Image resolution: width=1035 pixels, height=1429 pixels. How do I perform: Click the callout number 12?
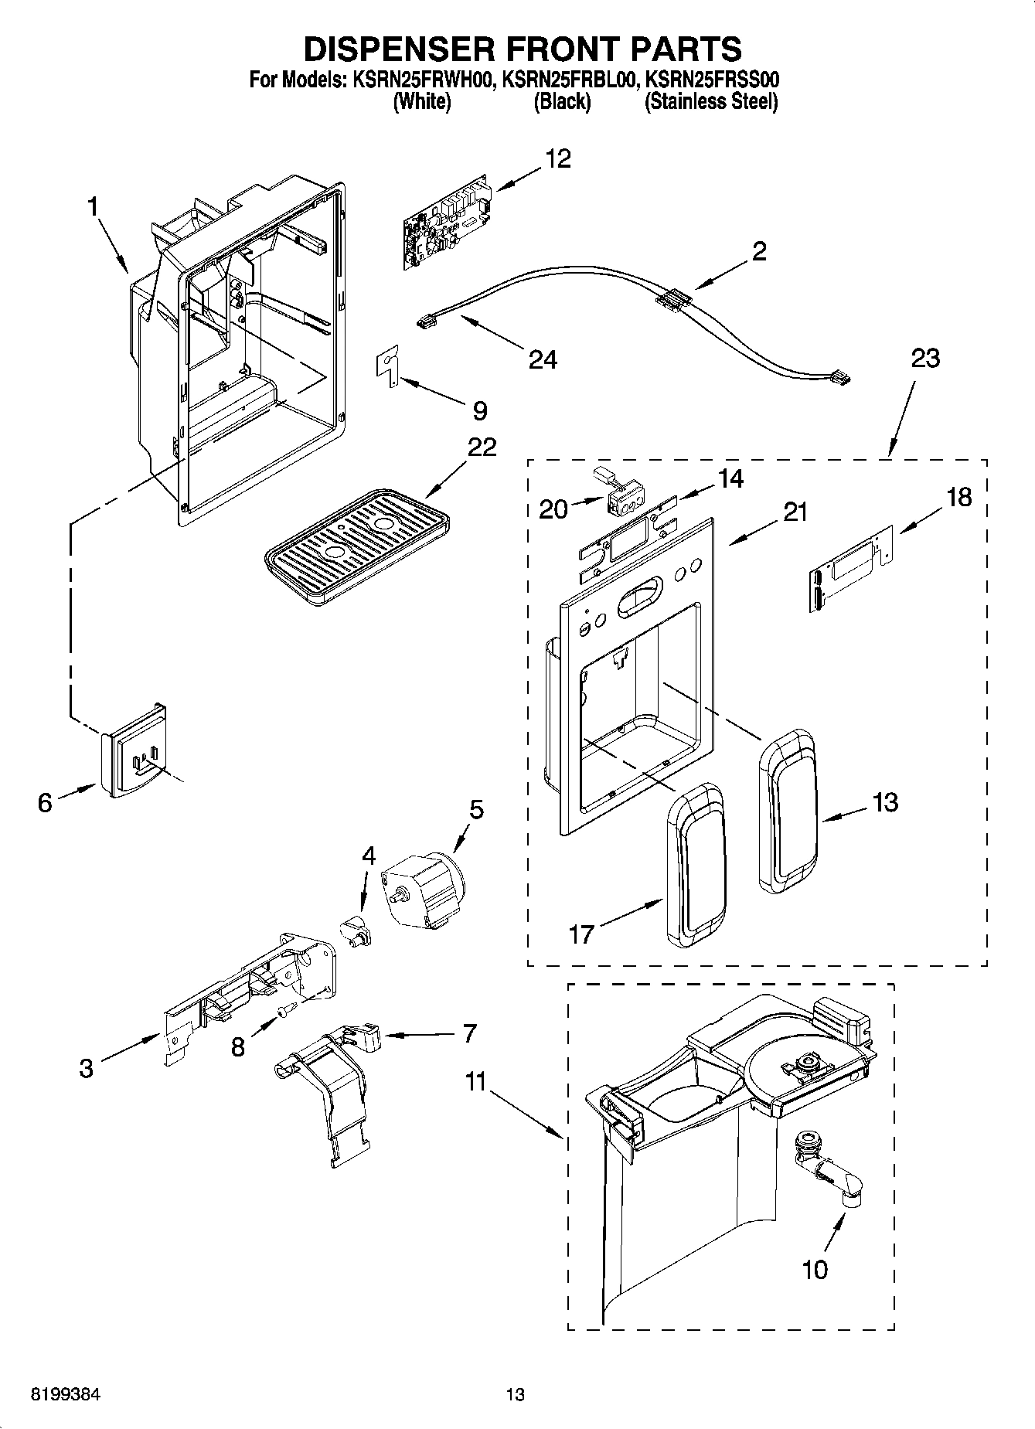coord(558,158)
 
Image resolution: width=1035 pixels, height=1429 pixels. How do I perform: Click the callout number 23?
coord(925,358)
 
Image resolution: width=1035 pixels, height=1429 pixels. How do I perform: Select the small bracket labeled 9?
coord(389,364)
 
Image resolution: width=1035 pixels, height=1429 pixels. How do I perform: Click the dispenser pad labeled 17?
coord(696,866)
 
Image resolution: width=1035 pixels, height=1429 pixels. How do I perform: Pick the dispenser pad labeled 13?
coord(788,811)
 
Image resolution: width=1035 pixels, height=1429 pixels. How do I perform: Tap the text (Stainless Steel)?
coord(711,101)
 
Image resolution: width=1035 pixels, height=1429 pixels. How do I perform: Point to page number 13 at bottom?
coord(515,1396)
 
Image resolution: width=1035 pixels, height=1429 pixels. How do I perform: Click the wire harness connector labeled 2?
coord(670,300)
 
